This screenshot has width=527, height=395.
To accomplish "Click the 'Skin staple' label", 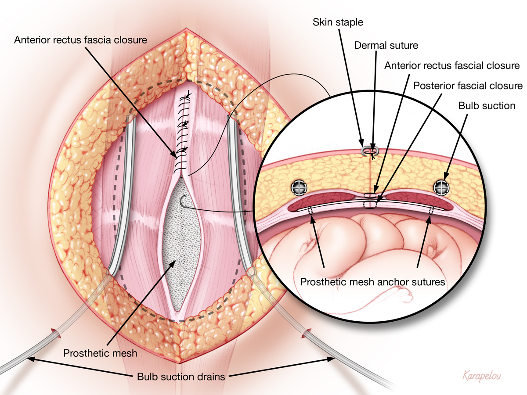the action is pyautogui.click(x=338, y=22).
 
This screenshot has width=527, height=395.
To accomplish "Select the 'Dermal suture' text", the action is pyautogui.click(x=386, y=45).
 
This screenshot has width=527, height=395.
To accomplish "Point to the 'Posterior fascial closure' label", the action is pyautogui.click(x=468, y=86).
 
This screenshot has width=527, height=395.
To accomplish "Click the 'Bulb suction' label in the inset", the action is pyautogui.click(x=487, y=106).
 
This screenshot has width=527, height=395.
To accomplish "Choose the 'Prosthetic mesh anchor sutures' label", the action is pyautogui.click(x=372, y=282).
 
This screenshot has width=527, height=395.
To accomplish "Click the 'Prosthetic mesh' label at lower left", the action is pyautogui.click(x=100, y=353).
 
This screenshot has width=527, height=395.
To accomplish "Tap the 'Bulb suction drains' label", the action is pyautogui.click(x=181, y=377).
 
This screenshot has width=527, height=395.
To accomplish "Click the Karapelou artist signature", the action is pyautogui.click(x=482, y=376).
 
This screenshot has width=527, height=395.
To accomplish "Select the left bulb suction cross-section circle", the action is pyautogui.click(x=299, y=187).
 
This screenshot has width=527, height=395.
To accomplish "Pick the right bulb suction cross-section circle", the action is pyautogui.click(x=441, y=187).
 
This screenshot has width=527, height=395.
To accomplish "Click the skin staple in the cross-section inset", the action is pyautogui.click(x=370, y=151).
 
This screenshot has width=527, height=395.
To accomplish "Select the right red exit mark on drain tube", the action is pyautogui.click(x=306, y=334).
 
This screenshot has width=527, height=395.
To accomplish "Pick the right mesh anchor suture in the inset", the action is pyautogui.click(x=431, y=210).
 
